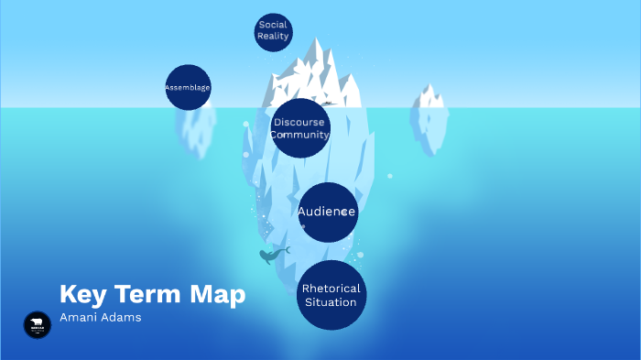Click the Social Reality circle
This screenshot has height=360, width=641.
point(273,31)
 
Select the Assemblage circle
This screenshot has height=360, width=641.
point(188,87)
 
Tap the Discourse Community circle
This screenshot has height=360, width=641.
point(300,128)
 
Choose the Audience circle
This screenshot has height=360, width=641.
point(328,213)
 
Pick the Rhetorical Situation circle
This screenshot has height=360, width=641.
point(331,295)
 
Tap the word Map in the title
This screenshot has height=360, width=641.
point(218,294)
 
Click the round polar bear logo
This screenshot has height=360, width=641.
point(38,324)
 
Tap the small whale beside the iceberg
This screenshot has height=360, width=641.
point(272,256)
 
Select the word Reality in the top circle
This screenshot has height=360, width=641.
point(273,37)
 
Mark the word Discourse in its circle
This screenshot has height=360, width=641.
point(299,122)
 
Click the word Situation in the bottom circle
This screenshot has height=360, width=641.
point(331,302)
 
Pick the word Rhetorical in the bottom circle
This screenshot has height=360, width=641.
point(331,289)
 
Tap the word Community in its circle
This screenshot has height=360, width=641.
point(299,135)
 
